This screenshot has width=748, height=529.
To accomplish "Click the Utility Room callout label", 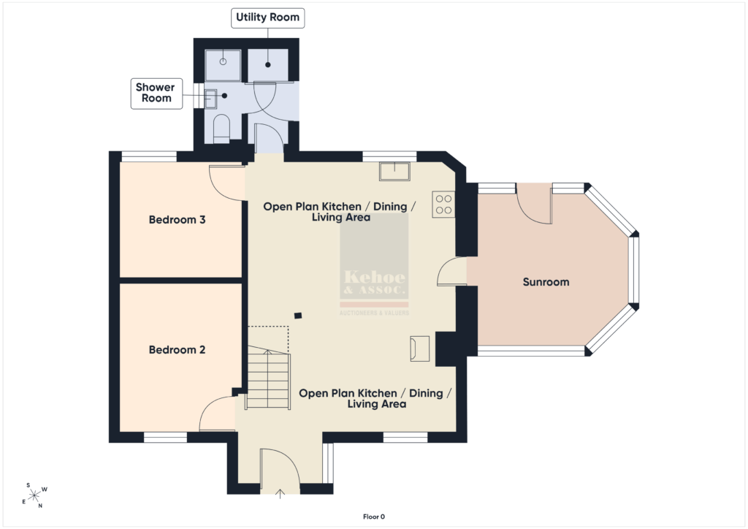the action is [267, 18].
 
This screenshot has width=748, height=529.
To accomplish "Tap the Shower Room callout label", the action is [156, 93].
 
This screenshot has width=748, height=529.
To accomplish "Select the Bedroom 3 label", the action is [177, 220].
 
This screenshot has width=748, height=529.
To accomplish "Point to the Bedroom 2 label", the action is [177, 350].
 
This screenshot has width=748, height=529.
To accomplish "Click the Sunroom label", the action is [546, 282].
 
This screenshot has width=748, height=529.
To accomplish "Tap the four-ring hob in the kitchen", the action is [443, 204].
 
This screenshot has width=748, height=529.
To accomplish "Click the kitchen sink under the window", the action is [394, 171].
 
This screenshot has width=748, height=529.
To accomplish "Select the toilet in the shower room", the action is [221, 129].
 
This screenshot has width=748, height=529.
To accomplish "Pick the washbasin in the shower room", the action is [210, 99].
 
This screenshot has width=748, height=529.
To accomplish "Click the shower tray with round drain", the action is [223, 65].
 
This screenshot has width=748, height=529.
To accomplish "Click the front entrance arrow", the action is [280, 494].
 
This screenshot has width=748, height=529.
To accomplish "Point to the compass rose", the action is [34, 496].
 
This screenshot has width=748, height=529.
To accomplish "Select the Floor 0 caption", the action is [374, 517].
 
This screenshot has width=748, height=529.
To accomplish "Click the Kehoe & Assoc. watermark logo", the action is [375, 264].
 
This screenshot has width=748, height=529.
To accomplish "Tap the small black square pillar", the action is [298, 316].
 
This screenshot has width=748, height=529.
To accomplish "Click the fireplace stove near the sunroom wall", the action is [420, 349].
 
